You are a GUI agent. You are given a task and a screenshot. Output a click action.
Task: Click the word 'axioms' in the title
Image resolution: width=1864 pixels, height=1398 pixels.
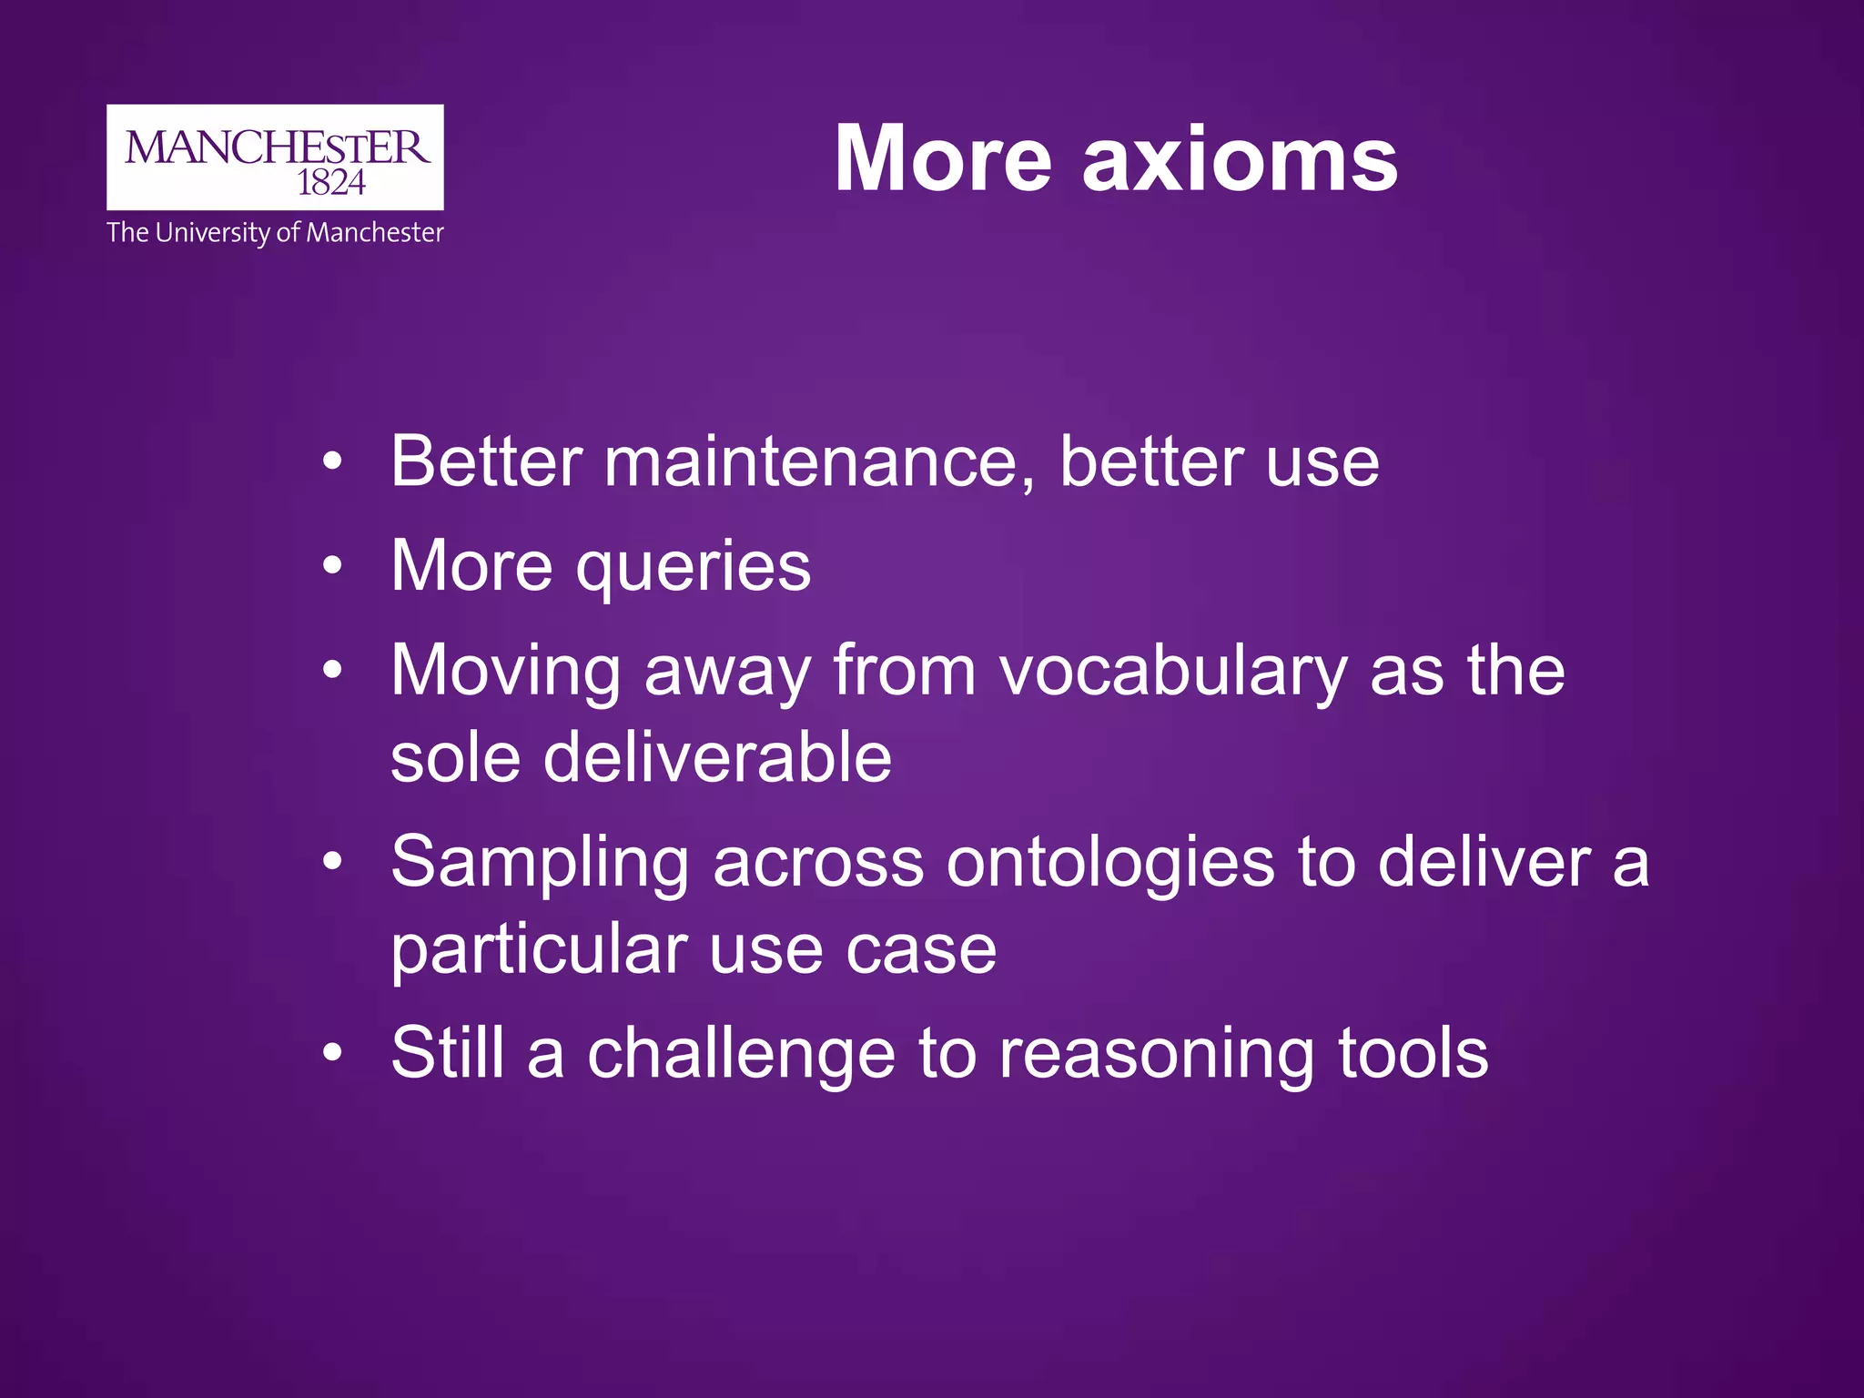pos(1240,160)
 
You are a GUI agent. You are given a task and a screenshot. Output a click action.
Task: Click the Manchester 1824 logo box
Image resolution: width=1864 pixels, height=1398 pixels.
pos(275,157)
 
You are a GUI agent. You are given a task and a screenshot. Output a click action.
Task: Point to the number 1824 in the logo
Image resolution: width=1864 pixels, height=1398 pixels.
pos(331,183)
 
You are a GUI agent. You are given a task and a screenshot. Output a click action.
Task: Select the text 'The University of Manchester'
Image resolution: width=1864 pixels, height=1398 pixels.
pos(275,233)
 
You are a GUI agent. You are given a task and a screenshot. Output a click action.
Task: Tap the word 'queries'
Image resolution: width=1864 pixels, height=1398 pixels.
pos(694,568)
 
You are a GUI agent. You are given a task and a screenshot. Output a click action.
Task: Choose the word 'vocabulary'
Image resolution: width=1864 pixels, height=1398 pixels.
pos(1174,672)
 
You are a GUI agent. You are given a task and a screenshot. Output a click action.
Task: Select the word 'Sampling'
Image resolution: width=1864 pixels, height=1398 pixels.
pos(540,863)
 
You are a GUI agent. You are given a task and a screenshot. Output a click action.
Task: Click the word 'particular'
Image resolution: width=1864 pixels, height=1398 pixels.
pos(539,950)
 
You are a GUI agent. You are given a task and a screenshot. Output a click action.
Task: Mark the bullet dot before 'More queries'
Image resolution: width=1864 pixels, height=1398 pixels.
pos(333,566)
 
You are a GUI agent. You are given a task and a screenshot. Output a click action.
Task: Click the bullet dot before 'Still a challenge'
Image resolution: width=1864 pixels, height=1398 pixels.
pos(333,1054)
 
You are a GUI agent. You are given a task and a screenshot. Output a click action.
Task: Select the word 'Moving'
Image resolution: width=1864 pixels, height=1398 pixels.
pos(506,672)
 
